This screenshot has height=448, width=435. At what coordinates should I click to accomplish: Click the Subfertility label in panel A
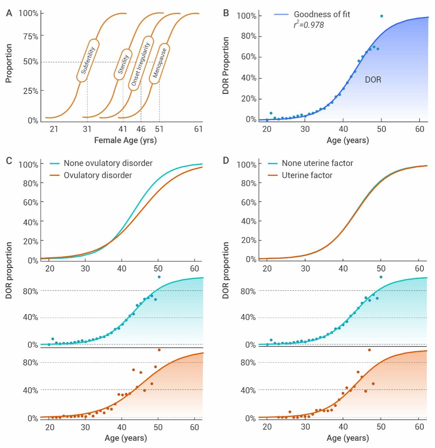click(88, 61)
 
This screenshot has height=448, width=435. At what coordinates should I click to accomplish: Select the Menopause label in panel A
click(159, 63)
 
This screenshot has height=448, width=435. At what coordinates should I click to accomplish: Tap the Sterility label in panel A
click(123, 64)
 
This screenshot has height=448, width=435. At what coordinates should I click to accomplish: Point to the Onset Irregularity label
click(141, 64)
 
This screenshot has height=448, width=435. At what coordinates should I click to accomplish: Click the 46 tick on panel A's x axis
click(141, 129)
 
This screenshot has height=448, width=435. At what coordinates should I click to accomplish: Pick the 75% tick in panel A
click(31, 36)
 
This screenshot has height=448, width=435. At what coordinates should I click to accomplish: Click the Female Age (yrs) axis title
click(125, 140)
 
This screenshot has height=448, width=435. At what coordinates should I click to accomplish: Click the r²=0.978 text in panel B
click(309, 25)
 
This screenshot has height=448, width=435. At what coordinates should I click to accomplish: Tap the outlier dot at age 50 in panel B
click(381, 16)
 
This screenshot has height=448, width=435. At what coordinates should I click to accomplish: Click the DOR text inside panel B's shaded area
click(373, 80)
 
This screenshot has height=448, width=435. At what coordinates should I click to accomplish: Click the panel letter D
click(226, 161)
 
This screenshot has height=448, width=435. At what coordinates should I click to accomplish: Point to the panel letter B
click(226, 13)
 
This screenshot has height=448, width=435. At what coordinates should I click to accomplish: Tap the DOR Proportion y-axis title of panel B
click(226, 65)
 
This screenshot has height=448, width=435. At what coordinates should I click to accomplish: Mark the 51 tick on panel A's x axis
click(159, 129)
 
